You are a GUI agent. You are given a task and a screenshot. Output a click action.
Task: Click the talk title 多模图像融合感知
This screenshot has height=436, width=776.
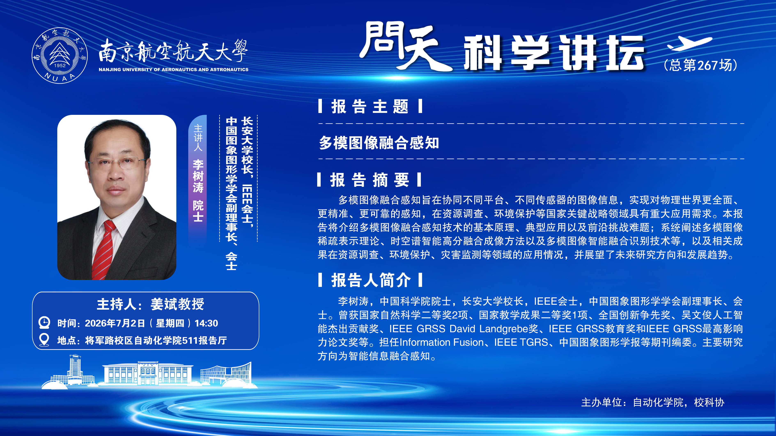379,142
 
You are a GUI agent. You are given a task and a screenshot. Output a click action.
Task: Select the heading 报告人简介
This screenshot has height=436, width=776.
371,280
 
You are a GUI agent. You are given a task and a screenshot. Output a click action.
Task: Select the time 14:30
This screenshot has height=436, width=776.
206,323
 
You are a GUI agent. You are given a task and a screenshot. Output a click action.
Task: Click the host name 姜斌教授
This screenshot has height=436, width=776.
177,304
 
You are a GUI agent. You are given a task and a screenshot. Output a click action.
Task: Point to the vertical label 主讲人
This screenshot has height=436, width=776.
198,138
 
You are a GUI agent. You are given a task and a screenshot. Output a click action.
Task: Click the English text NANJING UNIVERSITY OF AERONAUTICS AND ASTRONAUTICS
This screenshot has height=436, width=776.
173,70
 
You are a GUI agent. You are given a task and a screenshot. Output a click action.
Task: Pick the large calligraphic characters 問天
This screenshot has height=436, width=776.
405,46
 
